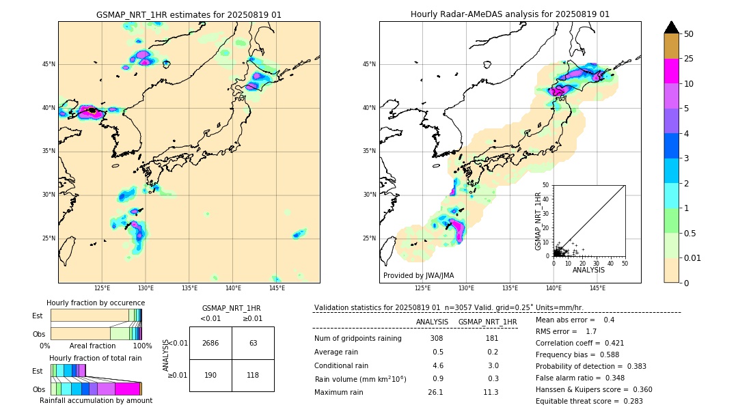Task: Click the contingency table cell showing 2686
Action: [210, 343]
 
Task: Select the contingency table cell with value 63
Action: [253, 343]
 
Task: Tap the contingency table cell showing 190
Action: [210, 375]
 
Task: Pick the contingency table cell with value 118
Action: [253, 375]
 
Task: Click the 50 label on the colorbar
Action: [689, 33]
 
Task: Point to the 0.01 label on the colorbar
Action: [693, 257]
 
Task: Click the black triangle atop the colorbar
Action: [672, 27]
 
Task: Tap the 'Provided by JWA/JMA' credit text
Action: [418, 276]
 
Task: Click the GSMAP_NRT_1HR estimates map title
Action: [189, 14]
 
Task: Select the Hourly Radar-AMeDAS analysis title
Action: [510, 14]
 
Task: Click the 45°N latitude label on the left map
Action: [49, 64]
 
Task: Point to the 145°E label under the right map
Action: [597, 288]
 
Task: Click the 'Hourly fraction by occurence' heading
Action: [96, 303]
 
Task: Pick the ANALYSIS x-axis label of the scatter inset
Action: [588, 270]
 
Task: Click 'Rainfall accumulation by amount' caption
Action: [96, 400]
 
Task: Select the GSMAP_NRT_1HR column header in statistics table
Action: [487, 322]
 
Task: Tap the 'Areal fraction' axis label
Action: [92, 346]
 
